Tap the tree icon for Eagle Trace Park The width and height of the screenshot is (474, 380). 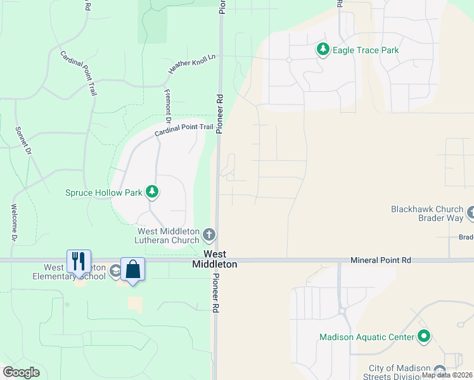(x=323, y=49)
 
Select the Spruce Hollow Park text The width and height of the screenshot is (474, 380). (x=104, y=192)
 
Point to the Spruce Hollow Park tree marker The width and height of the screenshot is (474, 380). (x=151, y=191)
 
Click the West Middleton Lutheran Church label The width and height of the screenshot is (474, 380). (x=167, y=236)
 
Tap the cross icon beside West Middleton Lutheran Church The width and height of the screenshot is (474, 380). (x=210, y=236)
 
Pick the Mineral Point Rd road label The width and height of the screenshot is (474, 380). (x=381, y=260)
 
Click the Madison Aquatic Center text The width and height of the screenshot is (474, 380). (x=367, y=338)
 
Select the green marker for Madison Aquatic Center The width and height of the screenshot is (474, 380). (x=424, y=337)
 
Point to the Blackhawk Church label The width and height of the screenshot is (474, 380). (x=428, y=208)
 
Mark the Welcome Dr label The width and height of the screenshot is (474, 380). (x=13, y=222)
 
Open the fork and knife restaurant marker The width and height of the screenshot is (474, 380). (x=79, y=261)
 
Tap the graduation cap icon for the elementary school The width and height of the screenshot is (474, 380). (x=115, y=272)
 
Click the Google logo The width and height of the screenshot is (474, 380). (x=21, y=372)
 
